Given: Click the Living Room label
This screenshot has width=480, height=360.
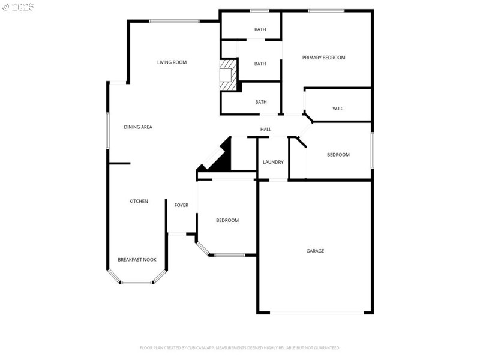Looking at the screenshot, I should [172, 62].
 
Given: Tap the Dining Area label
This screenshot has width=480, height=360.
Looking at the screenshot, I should [138, 127].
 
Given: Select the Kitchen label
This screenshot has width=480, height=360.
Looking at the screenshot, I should [139, 202].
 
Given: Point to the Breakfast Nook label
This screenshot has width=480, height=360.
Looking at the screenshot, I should [137, 260].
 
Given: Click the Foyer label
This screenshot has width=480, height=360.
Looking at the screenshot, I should [181, 205].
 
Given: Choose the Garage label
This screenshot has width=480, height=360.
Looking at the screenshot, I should [315, 251].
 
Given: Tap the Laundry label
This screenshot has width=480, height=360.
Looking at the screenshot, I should [273, 162].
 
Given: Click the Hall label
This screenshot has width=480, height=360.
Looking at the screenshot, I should [266, 130].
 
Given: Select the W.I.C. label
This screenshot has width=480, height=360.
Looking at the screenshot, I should [338, 109].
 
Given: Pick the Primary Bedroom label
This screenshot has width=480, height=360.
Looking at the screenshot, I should [323, 58].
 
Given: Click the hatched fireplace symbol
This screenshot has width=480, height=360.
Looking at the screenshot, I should [228, 75].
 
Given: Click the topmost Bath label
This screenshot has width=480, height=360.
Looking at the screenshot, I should [260, 29].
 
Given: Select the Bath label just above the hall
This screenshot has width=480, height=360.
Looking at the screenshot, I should [261, 102].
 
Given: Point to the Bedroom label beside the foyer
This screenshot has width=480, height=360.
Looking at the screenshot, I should [227, 220].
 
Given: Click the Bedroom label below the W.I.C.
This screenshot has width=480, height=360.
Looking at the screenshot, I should [338, 155].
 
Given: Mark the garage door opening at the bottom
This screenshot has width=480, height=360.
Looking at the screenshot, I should [316, 312].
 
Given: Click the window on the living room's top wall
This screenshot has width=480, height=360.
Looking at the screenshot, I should [174, 22].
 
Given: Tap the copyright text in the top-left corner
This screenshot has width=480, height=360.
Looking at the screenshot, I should [18, 7].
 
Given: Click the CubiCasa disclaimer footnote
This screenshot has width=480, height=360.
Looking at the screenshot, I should [240, 347].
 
